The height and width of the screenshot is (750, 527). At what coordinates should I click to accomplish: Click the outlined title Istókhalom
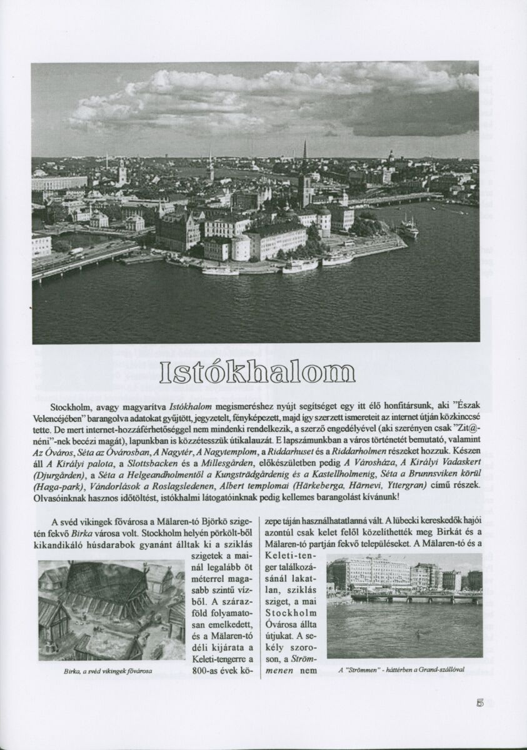257,372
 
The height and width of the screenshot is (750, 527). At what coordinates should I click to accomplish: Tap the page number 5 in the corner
479,702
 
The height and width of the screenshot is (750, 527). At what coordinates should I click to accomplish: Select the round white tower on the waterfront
240,248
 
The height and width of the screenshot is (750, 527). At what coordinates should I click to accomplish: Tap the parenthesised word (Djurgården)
59,474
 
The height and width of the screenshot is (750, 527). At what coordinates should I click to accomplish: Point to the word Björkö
200,521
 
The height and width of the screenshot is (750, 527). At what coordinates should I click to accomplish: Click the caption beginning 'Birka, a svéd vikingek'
108,671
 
